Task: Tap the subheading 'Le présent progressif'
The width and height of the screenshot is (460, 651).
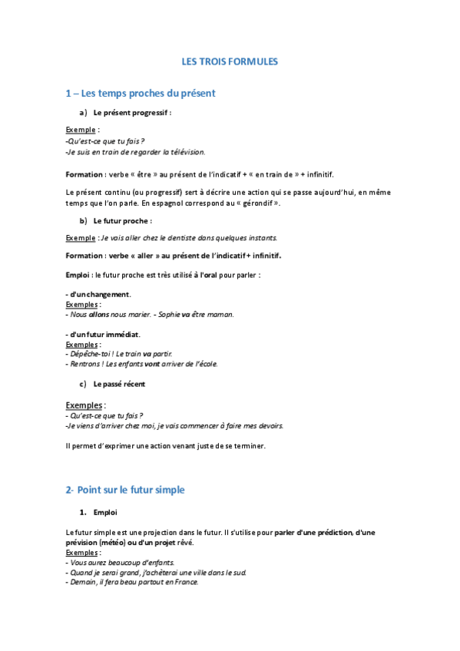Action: (x=132, y=113)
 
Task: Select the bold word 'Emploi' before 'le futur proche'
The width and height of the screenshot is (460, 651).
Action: (x=78, y=274)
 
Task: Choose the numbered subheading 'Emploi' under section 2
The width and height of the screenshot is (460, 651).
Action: (x=105, y=512)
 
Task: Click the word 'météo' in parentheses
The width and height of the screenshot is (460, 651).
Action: (x=111, y=542)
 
